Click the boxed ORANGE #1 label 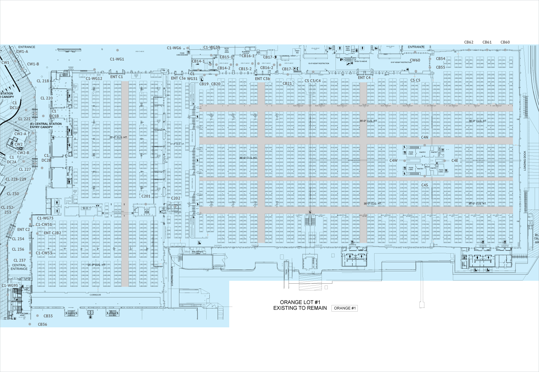[345, 308]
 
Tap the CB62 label [468, 42]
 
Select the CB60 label [505, 42]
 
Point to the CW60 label [415, 60]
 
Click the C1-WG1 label [117, 59]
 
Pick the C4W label [393, 161]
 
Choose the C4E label [454, 161]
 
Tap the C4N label [424, 137]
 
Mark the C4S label [424, 185]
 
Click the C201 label [146, 196]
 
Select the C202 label [175, 198]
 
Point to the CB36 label [42, 324]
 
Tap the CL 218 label [43, 81]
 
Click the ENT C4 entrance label [364, 78]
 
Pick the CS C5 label [415, 80]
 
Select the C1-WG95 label [10, 286]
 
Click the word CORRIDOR [95, 295]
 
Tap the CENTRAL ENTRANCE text [19, 267]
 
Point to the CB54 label [440, 59]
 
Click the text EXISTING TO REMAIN [300, 308]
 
